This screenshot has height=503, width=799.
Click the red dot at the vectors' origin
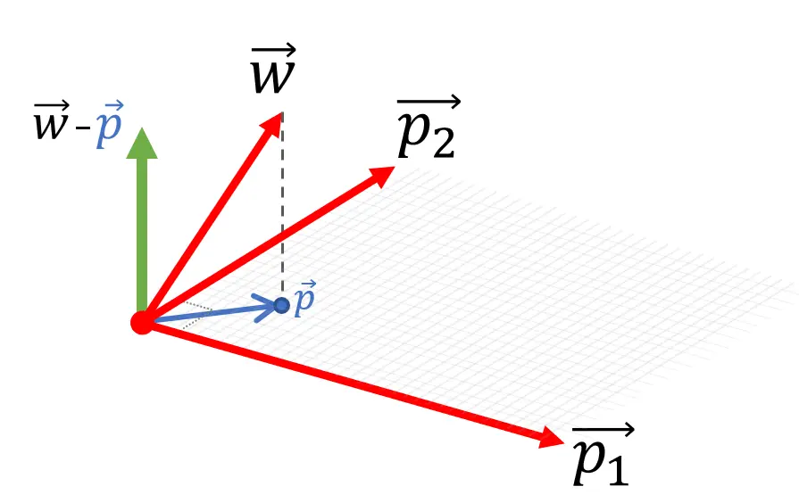(142, 322)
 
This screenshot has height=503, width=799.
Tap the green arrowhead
(141, 144)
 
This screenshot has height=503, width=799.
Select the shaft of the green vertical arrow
(141, 232)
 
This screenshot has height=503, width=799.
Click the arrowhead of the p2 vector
(384, 174)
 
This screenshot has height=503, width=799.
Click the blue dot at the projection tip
(282, 306)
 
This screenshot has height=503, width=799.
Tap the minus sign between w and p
(83, 129)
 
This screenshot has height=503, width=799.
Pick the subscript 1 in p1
(617, 469)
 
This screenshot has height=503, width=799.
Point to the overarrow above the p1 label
(603, 431)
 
